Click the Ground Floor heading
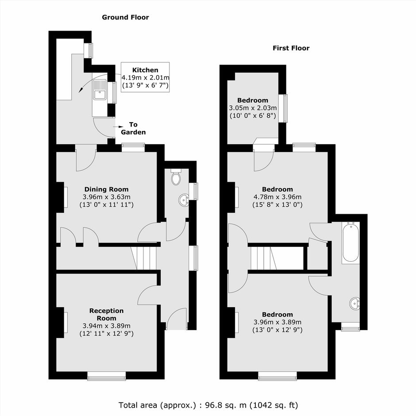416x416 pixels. tap(125, 18)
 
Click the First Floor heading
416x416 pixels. tap(291, 48)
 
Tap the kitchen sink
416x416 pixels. tap(99, 90)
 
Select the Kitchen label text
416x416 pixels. tap(145, 70)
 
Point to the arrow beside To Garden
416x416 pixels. tap(118, 127)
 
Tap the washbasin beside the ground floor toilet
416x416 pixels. tap(184, 200)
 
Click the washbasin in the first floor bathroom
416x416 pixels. tap(355, 304)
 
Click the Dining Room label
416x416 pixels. tap(106, 189)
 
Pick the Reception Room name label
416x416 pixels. tap(106, 314)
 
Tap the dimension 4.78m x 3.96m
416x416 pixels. tap(277, 197)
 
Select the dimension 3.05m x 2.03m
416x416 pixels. tap(253, 108)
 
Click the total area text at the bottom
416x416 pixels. tap(208, 405)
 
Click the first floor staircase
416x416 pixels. tap(264, 258)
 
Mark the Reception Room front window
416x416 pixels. tap(107, 376)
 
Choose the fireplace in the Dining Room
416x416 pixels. tap(62, 197)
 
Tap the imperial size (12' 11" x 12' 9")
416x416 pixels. tap(106, 334)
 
